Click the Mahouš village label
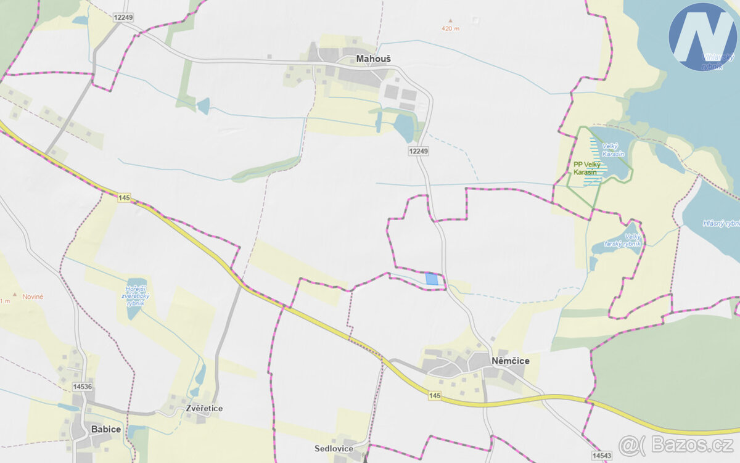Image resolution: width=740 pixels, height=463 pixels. (373, 59)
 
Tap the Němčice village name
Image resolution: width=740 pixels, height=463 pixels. (510, 361)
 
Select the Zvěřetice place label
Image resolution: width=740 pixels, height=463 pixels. (204, 409)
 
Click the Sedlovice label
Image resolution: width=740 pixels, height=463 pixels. (333, 448)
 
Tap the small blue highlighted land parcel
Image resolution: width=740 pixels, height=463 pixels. (432, 279)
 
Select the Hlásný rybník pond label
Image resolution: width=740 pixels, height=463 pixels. (721, 223)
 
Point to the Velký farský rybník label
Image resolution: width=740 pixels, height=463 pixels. (633, 240)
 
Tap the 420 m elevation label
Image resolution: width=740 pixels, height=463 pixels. (450, 28)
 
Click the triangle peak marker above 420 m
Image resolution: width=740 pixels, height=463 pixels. (450, 20)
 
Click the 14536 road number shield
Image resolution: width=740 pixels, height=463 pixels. (82, 387)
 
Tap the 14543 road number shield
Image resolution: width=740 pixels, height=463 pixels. (601, 455)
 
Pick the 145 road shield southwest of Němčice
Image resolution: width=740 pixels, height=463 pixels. (435, 395)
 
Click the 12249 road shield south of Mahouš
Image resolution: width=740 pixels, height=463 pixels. (418, 150)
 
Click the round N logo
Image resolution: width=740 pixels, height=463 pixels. (702, 36)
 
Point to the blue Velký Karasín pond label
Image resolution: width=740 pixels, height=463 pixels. (610, 149)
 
